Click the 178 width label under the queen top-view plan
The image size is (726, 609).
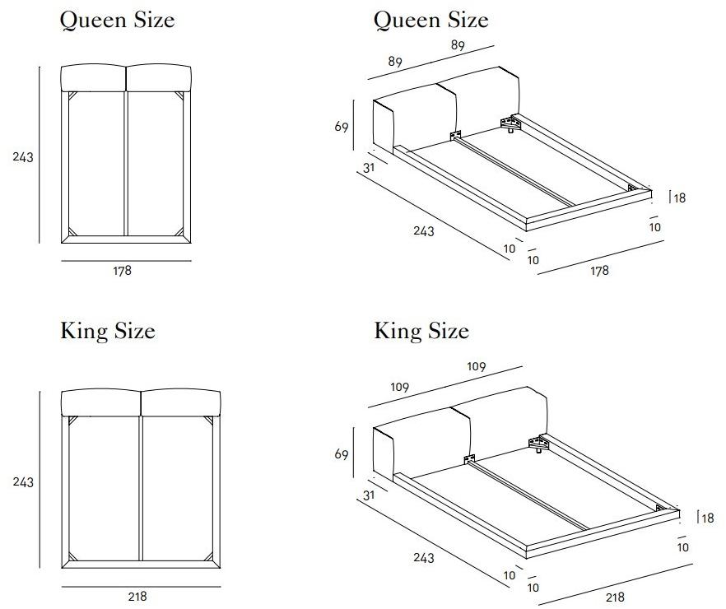(122, 270)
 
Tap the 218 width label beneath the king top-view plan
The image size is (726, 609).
(137, 597)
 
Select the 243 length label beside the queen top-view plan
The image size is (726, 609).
(23, 157)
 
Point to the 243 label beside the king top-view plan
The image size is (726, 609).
(23, 482)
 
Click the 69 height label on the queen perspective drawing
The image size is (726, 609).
(342, 127)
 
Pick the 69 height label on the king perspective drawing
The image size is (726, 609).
(342, 454)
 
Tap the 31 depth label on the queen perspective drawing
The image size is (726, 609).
(369, 168)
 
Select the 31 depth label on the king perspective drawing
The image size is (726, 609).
(369, 495)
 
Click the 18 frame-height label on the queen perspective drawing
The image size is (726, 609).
(679, 198)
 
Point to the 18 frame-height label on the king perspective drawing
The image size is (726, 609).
(708, 518)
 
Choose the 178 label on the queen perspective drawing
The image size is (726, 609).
(599, 270)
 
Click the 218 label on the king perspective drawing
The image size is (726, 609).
(616, 597)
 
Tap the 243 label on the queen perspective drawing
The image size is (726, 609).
(424, 230)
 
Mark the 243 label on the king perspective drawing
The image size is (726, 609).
(424, 558)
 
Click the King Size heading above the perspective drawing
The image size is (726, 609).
(421, 331)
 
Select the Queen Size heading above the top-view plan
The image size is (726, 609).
(118, 20)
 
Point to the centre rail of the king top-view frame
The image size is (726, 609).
(141, 489)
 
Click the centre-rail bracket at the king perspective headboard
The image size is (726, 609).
(469, 459)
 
